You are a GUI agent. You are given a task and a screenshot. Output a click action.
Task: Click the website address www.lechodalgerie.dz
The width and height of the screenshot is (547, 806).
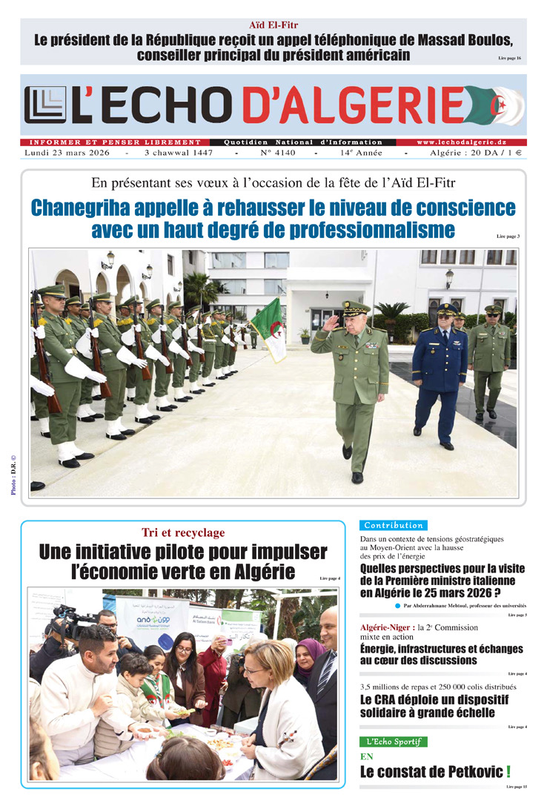[463, 142]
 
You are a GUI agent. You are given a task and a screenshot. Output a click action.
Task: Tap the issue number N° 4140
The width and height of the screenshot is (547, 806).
[277, 153]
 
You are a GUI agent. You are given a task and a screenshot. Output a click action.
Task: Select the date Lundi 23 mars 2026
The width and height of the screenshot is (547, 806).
[67, 153]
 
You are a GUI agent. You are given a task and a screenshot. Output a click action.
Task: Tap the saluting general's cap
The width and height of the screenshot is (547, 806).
[355, 308]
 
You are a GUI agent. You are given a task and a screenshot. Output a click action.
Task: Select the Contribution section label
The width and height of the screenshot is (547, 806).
[393, 525]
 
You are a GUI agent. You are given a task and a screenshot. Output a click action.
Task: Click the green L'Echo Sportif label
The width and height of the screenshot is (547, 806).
[393, 741]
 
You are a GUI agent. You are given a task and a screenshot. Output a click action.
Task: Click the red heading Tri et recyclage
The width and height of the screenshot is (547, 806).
[183, 532]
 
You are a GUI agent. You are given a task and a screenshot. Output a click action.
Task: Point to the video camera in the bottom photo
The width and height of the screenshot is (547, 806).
[70, 620]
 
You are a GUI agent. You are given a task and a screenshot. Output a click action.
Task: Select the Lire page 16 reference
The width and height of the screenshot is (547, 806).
[508, 58]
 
